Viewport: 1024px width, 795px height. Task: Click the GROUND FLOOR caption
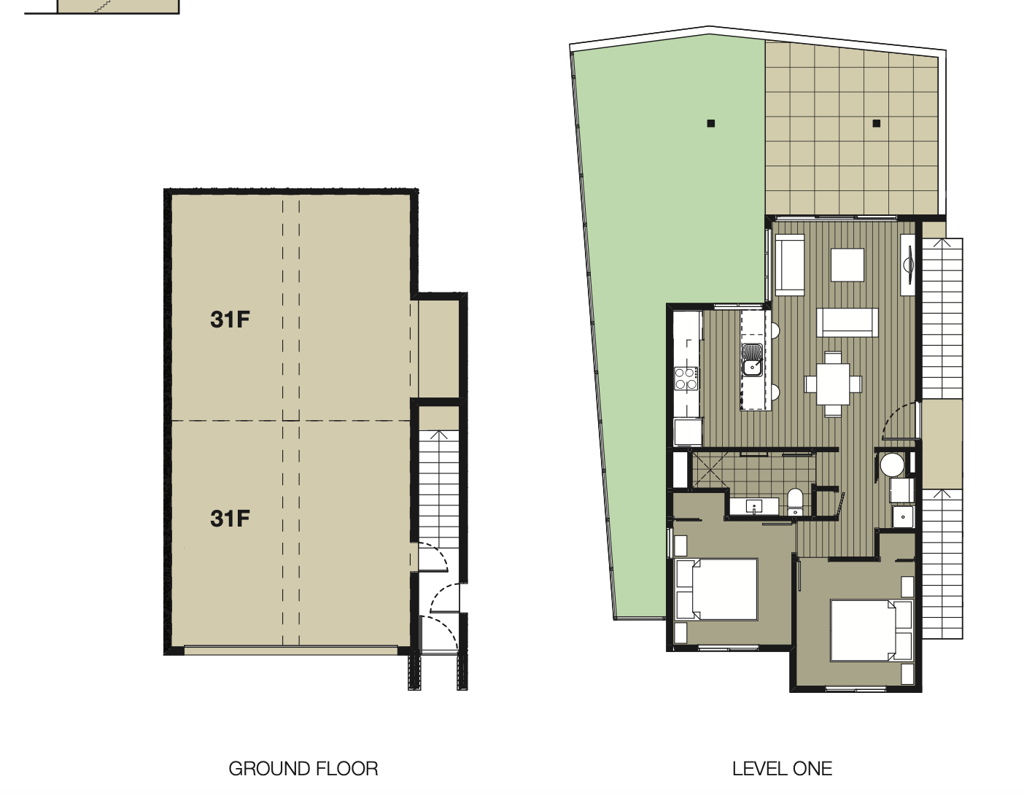click(x=303, y=769)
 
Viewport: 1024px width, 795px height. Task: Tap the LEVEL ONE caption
click(x=782, y=769)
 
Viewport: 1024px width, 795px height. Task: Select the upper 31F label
click(x=230, y=319)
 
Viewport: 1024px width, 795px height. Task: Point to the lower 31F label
click(x=230, y=519)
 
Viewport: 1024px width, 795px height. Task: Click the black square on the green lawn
click(x=711, y=123)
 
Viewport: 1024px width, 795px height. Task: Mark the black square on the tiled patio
click(x=877, y=123)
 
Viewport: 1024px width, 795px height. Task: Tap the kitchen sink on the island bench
click(x=752, y=360)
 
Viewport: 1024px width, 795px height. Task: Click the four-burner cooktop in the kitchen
click(x=686, y=379)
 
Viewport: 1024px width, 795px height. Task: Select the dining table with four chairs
click(x=833, y=384)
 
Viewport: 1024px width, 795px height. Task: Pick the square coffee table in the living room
click(x=847, y=265)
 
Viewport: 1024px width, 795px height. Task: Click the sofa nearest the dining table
click(x=847, y=323)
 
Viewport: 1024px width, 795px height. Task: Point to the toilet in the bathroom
click(x=795, y=502)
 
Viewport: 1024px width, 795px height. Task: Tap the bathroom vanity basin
click(x=754, y=507)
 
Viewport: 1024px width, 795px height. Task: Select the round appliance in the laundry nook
click(x=892, y=465)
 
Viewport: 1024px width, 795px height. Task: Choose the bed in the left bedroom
click(x=716, y=589)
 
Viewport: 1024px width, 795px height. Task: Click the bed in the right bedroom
click(x=871, y=631)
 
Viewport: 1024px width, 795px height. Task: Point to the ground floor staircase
click(x=439, y=489)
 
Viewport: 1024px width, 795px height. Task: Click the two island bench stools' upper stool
click(x=775, y=330)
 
